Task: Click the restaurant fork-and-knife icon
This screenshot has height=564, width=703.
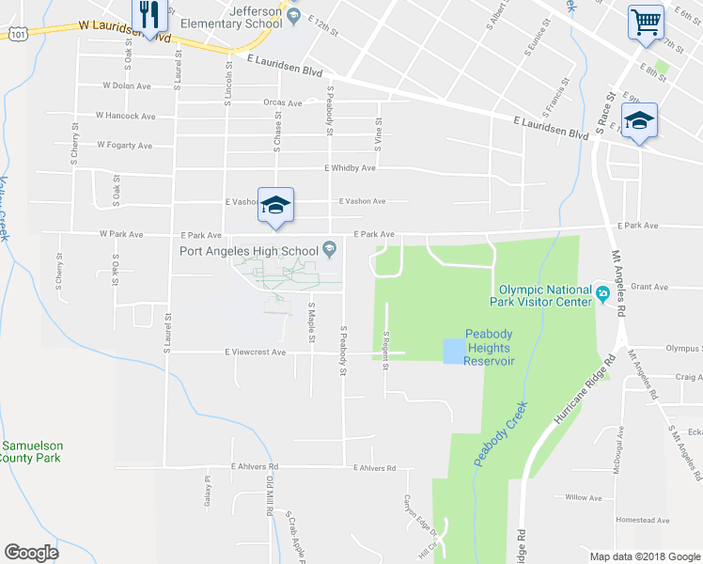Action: point(149,14)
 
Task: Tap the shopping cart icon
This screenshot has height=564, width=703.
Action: point(646,21)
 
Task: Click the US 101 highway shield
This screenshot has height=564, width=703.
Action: point(17,34)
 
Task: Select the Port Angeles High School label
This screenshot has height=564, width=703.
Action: point(249,250)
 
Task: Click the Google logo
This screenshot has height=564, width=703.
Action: point(31,552)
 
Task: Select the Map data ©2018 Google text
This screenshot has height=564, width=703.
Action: point(644,556)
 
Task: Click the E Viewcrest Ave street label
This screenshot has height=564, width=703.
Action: point(255,352)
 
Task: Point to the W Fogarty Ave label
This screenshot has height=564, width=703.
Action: point(124,146)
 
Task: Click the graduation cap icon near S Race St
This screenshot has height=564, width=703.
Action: point(639,122)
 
